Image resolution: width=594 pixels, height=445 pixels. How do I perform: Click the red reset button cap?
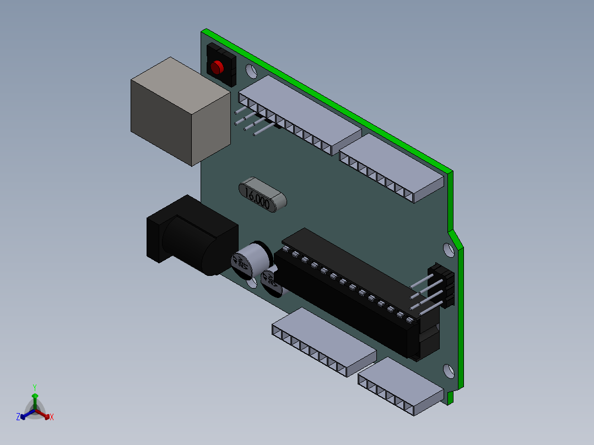pos(217,67)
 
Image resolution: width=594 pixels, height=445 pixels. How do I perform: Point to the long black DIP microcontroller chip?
pos(353,292)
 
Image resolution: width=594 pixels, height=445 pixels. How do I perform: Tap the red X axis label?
pos(52,417)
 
